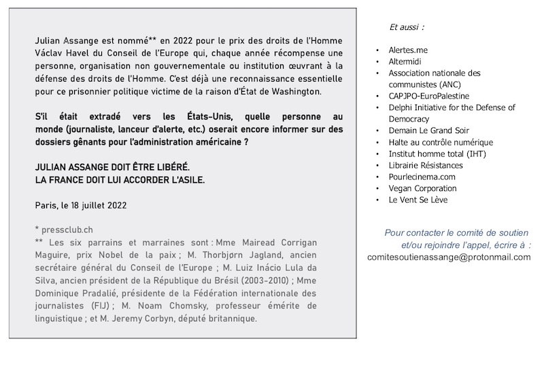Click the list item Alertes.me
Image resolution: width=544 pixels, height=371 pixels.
[x=408, y=50]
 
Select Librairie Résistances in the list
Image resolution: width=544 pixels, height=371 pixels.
[x=426, y=165]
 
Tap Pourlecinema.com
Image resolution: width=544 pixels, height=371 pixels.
[x=422, y=177]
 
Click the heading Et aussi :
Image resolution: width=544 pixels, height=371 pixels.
[x=407, y=27]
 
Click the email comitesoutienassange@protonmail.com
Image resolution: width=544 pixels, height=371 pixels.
[x=449, y=257]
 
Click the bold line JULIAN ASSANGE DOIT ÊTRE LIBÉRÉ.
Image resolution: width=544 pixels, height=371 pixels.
[x=114, y=167]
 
